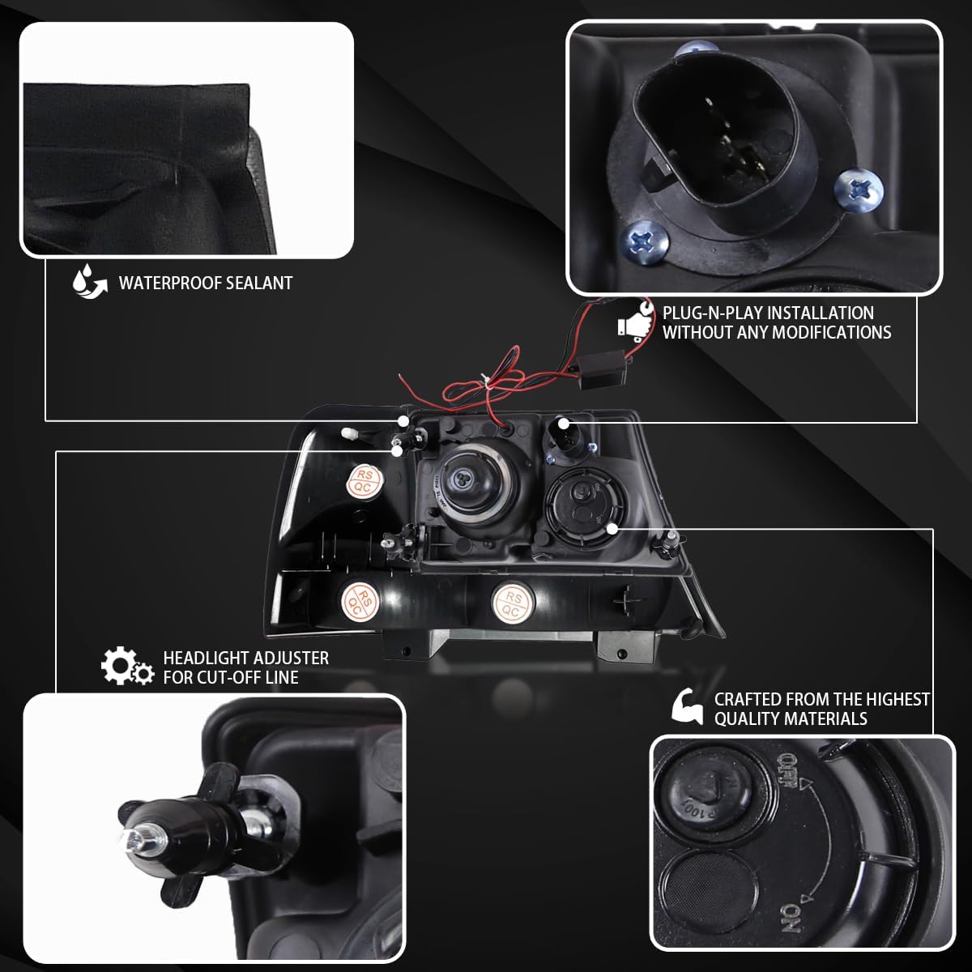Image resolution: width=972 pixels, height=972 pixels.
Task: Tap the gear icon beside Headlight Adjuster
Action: point(126,667)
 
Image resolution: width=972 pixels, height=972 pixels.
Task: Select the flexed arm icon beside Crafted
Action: point(688,706)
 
